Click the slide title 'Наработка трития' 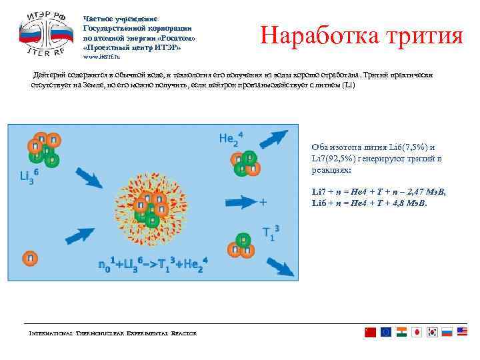(361, 35)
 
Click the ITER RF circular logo (45, 35)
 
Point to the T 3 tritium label (271, 233)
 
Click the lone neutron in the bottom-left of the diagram (30, 257)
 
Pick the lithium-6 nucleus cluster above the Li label (43, 149)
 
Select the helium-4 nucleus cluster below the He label (243, 163)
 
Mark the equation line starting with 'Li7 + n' (379, 192)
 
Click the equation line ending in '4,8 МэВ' (369, 203)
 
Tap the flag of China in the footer (371, 332)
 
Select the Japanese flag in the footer (416, 332)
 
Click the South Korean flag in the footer (431, 332)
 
